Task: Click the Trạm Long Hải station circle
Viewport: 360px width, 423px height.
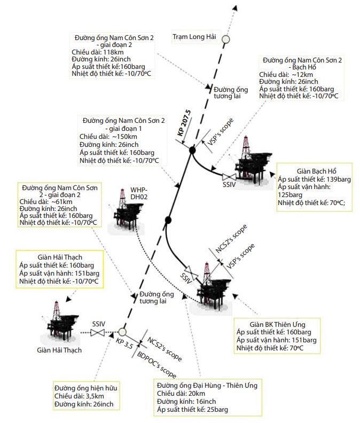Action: tap(225, 38)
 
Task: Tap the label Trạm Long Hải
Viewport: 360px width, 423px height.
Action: tap(193, 37)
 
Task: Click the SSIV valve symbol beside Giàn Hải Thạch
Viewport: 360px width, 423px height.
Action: tap(98, 333)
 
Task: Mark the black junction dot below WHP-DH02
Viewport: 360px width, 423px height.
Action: tap(168, 220)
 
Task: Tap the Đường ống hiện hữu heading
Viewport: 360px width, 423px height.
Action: tap(85, 387)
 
